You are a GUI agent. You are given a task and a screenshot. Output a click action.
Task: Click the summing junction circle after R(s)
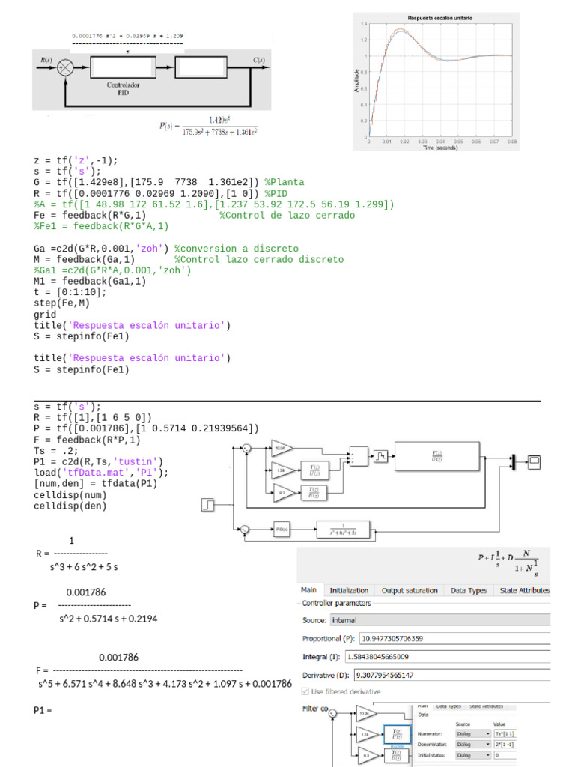point(64,67)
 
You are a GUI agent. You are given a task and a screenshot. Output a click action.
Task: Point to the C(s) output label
point(257,60)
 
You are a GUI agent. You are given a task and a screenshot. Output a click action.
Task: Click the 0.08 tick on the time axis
point(512,141)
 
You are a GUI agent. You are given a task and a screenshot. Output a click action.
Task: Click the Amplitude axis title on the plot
point(356,78)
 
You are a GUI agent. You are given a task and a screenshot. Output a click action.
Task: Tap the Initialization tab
point(349,591)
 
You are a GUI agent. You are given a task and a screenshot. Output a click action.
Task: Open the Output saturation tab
point(410,591)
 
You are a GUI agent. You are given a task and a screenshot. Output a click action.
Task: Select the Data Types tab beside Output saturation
point(469,591)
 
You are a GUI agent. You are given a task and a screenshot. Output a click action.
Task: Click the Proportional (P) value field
point(454,639)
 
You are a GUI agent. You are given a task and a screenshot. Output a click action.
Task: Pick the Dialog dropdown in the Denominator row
point(469,744)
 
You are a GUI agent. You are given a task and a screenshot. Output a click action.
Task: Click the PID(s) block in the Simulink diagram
point(282,530)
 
